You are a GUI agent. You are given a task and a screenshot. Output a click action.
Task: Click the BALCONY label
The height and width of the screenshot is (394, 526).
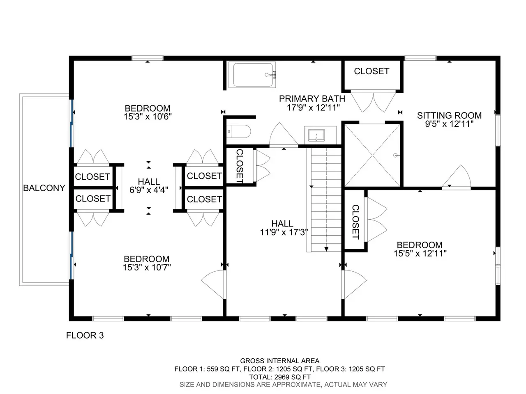44,188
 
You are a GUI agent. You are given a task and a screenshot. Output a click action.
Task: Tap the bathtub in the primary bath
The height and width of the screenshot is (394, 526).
252,75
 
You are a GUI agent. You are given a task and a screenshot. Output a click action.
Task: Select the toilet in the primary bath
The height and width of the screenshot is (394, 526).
239,131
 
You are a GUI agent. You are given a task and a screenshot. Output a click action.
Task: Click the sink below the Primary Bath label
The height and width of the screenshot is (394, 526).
316,135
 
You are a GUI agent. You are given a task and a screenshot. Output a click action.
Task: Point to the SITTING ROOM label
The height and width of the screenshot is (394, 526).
449,116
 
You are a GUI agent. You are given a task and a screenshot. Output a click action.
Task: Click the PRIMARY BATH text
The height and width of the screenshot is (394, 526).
312,98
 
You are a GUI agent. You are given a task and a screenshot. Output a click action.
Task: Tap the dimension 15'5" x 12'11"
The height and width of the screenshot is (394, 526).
420,254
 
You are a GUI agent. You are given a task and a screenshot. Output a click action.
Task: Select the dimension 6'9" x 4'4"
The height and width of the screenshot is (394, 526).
149,190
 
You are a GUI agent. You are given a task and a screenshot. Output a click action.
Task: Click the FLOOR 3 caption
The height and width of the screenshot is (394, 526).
85,335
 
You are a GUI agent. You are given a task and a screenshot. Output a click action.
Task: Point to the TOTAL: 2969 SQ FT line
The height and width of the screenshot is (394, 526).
280,377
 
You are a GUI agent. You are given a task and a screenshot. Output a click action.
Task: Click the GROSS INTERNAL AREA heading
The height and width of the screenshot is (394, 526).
280,361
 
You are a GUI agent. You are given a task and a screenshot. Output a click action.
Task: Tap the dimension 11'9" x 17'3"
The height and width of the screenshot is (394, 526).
284,232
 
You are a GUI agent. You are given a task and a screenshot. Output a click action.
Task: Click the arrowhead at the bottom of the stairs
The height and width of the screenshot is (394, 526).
326,249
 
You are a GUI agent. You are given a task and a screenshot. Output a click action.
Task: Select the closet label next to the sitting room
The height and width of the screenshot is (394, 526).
371,71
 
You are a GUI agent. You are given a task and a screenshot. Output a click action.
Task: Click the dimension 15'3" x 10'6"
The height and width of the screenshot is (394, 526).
148,117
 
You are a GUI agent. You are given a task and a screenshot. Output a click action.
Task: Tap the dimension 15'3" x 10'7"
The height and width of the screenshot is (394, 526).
147,268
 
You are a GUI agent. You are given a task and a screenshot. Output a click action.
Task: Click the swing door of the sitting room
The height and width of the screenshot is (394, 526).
457,177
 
